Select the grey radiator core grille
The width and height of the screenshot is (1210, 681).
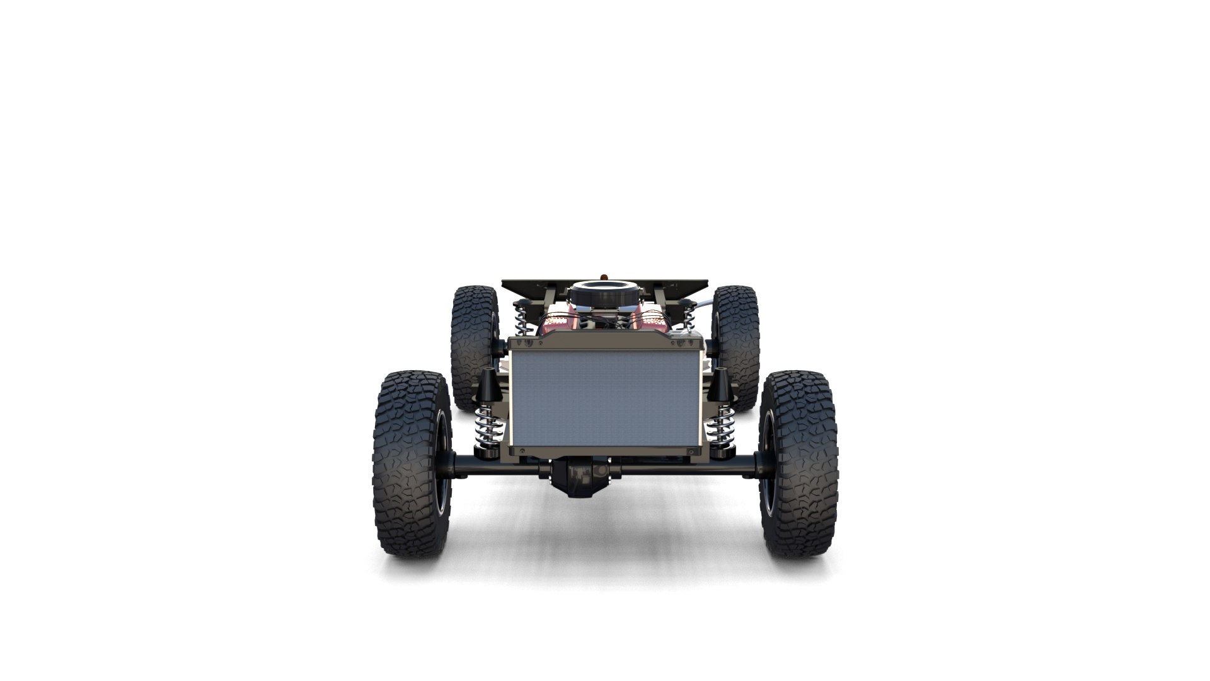(x=605, y=397)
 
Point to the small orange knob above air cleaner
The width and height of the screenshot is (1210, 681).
(x=606, y=276)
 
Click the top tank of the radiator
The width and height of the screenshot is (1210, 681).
(x=605, y=342)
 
